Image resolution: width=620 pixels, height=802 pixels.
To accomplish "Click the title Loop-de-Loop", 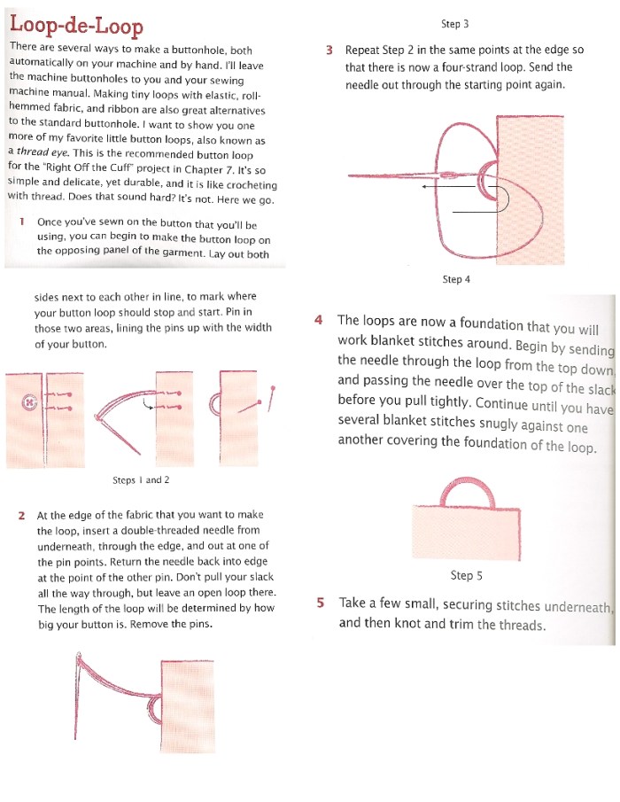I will tap(75, 27).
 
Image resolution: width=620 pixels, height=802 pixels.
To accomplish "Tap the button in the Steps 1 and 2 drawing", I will tap(28, 401).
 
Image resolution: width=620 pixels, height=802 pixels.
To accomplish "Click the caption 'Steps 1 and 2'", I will tap(141, 479).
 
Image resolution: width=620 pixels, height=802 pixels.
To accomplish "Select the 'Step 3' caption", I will tap(454, 23).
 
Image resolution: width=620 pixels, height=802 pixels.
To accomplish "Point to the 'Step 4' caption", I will tap(455, 279).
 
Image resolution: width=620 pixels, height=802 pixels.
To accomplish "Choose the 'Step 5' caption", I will tap(466, 575).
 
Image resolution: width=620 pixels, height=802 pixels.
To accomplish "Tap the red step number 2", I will tap(21, 515).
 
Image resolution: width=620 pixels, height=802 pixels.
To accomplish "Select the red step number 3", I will tap(329, 51).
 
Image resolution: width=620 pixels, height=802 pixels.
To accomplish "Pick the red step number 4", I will tap(319, 321).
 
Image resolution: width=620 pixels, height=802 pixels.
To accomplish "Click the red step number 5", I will tap(321, 603).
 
